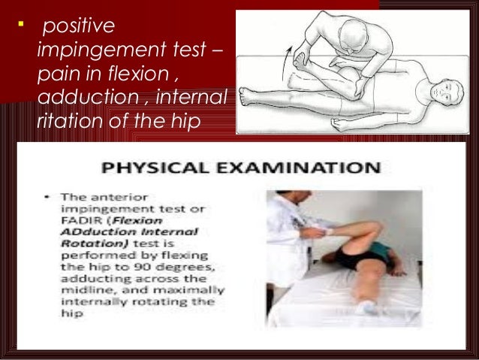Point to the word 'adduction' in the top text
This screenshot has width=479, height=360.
71,98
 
